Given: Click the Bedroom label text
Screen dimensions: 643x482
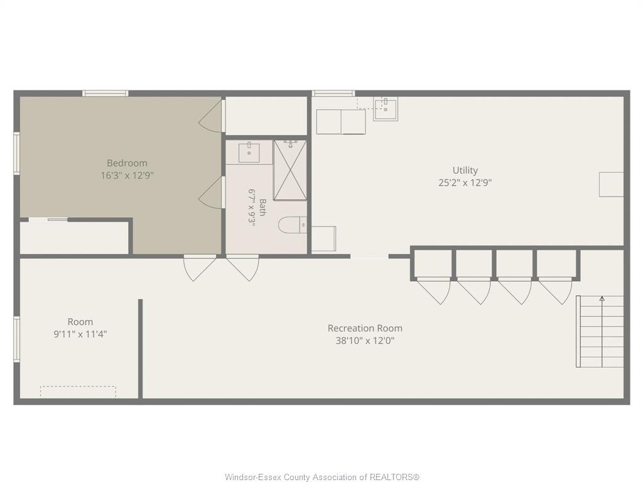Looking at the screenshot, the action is point(127,163).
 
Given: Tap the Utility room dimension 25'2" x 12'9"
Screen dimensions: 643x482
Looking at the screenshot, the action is point(465,183).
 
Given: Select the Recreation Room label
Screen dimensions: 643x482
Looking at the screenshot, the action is point(365,328).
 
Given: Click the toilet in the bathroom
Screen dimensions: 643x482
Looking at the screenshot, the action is point(293,225).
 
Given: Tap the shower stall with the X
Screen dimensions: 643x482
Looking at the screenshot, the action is point(290,170).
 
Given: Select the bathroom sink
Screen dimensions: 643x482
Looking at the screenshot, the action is point(249,152).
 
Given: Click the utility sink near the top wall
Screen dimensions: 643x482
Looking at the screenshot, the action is point(385,109).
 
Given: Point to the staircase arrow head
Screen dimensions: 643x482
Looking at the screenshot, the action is point(602,298).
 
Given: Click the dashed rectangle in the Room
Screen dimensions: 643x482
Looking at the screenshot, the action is point(78,392).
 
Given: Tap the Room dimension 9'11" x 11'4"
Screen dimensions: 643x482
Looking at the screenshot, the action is point(80,334).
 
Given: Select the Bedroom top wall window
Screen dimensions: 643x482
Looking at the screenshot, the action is point(105,94).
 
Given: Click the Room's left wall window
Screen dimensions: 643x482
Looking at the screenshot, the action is point(17,339).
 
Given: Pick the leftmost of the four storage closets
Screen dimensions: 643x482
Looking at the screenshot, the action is point(433,264).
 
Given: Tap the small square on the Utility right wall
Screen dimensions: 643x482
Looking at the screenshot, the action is point(611,185).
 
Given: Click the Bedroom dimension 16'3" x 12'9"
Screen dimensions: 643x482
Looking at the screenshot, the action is point(127,176).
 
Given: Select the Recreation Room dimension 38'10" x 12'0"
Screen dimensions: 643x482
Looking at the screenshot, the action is point(365,341).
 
